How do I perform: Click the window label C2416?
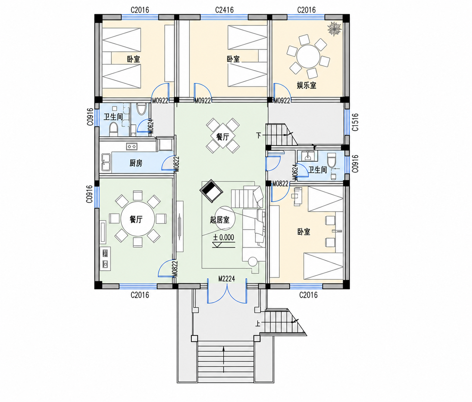[224, 10]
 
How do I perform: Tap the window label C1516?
[355, 122]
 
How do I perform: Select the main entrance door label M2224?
[226, 279]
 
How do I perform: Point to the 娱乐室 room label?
[306, 85]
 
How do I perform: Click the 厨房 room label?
[136, 163]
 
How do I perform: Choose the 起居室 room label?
[220, 220]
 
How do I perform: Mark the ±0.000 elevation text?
[224, 238]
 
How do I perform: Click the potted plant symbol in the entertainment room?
[334, 29]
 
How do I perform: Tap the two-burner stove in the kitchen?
[132, 146]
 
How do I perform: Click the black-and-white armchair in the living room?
[211, 191]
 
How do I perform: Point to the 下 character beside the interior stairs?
[258, 136]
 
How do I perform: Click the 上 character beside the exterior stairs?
[258, 324]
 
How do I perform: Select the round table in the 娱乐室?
[308, 56]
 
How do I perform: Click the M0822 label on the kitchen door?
[176, 164]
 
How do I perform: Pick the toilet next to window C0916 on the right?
[332, 160]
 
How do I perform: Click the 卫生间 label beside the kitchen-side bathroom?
[113, 117]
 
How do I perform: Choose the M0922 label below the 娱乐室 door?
[282, 101]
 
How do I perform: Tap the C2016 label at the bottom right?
[308, 295]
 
